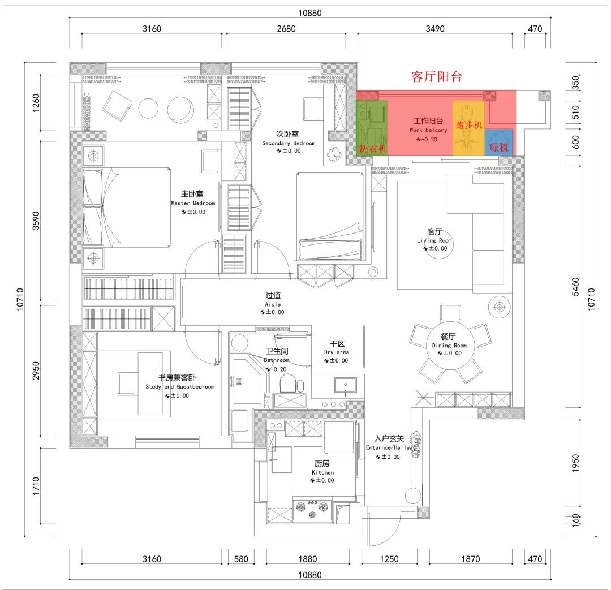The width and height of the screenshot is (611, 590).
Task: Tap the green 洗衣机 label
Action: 372,148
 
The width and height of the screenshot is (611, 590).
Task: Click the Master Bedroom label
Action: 193,199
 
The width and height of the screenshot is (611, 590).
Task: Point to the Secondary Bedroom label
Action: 289,139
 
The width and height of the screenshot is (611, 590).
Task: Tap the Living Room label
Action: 434,236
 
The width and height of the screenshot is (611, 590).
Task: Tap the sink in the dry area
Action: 345,385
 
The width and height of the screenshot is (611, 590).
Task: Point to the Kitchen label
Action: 322,468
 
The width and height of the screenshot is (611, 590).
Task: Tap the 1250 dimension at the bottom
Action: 389,559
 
